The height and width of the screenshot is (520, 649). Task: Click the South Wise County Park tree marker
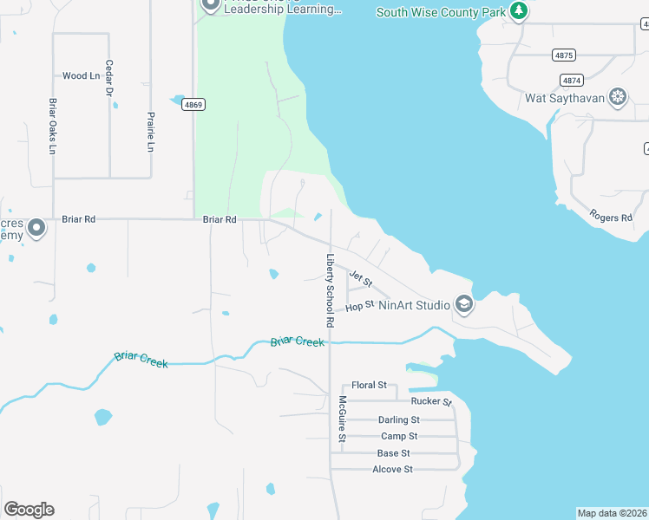519,11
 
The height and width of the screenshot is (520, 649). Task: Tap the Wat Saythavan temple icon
618,97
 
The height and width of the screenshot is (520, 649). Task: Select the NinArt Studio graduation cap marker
464,304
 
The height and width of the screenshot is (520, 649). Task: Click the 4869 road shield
193,105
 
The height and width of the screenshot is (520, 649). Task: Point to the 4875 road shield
564,55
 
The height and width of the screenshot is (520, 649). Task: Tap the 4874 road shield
571,80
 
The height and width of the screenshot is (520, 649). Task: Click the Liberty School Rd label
330,289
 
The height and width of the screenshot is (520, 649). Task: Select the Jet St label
360,278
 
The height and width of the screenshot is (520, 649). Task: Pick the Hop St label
359,306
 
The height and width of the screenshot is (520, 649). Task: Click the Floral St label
369,386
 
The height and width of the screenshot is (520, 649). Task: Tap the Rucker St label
431,401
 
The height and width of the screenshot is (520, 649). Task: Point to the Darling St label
398,419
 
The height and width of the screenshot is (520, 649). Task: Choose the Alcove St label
392,469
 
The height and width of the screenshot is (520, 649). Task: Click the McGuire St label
342,419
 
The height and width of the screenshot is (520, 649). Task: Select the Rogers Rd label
610,216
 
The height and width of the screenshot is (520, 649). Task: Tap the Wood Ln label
81,76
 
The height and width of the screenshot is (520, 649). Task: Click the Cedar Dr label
109,78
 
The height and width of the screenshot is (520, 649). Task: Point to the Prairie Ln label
151,132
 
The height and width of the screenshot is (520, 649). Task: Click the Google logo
29,510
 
